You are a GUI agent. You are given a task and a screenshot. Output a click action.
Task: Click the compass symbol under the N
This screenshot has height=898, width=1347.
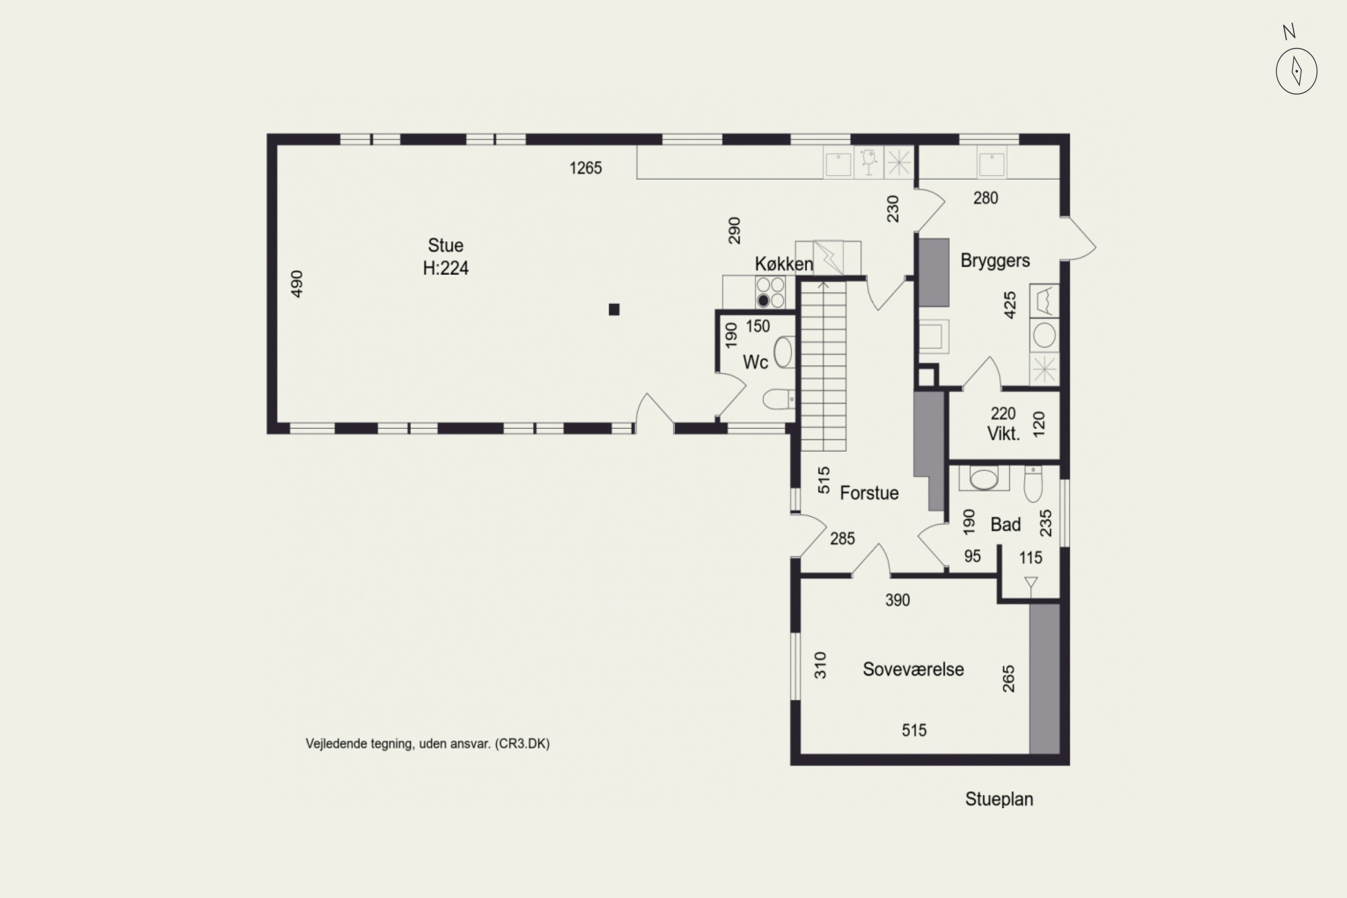[x=1297, y=71]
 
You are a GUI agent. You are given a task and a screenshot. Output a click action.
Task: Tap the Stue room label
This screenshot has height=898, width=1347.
[x=445, y=246]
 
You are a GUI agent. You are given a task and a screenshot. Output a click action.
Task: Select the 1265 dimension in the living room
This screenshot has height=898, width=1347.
[x=585, y=168]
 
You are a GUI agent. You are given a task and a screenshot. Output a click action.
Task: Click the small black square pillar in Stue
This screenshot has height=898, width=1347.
[x=614, y=310]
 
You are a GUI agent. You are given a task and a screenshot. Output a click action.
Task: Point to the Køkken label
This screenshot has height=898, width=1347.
[x=784, y=264]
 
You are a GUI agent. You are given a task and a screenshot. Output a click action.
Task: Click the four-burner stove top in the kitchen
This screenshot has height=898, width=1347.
[x=770, y=293]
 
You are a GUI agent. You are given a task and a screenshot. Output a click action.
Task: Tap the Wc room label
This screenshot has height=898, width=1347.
[x=755, y=362]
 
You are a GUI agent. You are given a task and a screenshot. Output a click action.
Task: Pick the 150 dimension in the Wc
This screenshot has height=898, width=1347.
[x=758, y=326]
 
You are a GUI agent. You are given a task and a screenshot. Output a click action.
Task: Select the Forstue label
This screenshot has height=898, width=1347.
[x=869, y=493]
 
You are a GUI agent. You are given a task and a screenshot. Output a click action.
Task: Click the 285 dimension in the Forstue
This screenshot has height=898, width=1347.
[x=842, y=538]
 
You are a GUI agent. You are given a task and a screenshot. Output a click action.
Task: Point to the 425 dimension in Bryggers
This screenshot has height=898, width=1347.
[x=1010, y=305]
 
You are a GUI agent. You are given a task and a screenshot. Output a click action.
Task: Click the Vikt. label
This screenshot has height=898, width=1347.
[x=1004, y=434]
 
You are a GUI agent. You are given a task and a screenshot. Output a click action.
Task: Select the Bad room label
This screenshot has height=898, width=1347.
[x=1006, y=524]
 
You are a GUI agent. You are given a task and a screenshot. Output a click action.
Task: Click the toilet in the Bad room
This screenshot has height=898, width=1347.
[x=1033, y=484]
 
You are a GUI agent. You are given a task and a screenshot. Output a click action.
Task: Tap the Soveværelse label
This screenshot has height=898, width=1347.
[x=913, y=669]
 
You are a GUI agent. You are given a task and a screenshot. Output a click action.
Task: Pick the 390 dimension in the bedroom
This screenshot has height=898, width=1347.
[x=898, y=600]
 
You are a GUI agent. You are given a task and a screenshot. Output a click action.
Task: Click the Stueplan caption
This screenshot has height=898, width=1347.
[x=999, y=800]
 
